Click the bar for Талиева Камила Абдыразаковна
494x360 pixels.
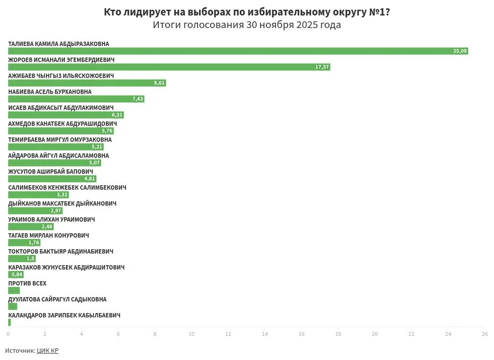point(237,51)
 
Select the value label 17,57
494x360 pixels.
point(322,67)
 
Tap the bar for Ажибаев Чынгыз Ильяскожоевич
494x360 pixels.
point(87,83)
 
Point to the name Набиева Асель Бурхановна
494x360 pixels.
point(50,92)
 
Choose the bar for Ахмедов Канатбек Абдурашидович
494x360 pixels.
point(61,131)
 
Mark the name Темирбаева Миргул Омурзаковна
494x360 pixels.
point(60,140)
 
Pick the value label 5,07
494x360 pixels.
point(94,163)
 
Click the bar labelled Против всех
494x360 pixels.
point(14,290)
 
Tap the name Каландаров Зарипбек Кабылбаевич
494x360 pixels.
point(64,315)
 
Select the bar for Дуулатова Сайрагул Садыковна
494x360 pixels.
point(13,306)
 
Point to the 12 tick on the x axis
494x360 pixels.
point(228,334)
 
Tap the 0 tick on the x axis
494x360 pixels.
point(8,334)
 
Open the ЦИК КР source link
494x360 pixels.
point(47,350)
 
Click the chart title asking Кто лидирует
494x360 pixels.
point(247,12)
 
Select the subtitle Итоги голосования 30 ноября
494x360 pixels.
point(247,25)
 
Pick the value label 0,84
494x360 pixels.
point(17,274)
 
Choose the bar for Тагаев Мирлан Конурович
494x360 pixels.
point(24,242)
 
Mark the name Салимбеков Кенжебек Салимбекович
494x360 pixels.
point(67,188)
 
